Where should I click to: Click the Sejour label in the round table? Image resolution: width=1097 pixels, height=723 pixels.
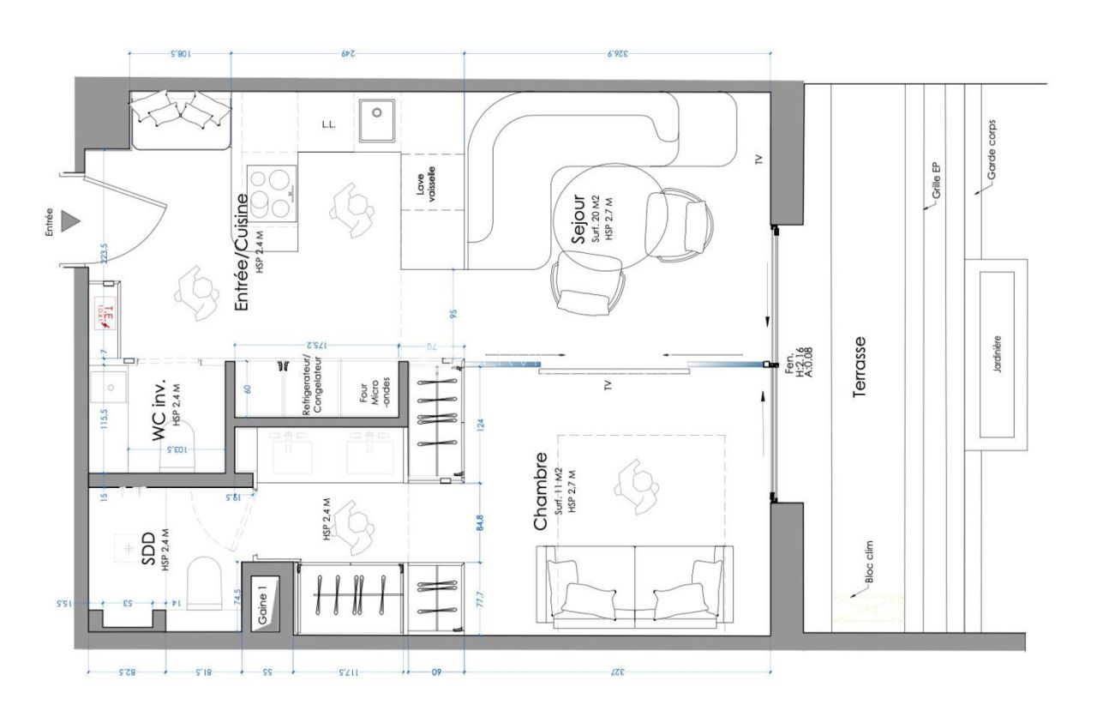[578, 220]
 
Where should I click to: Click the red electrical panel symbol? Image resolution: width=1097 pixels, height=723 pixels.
[105, 313]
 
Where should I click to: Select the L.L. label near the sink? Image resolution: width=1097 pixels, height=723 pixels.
[327, 124]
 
